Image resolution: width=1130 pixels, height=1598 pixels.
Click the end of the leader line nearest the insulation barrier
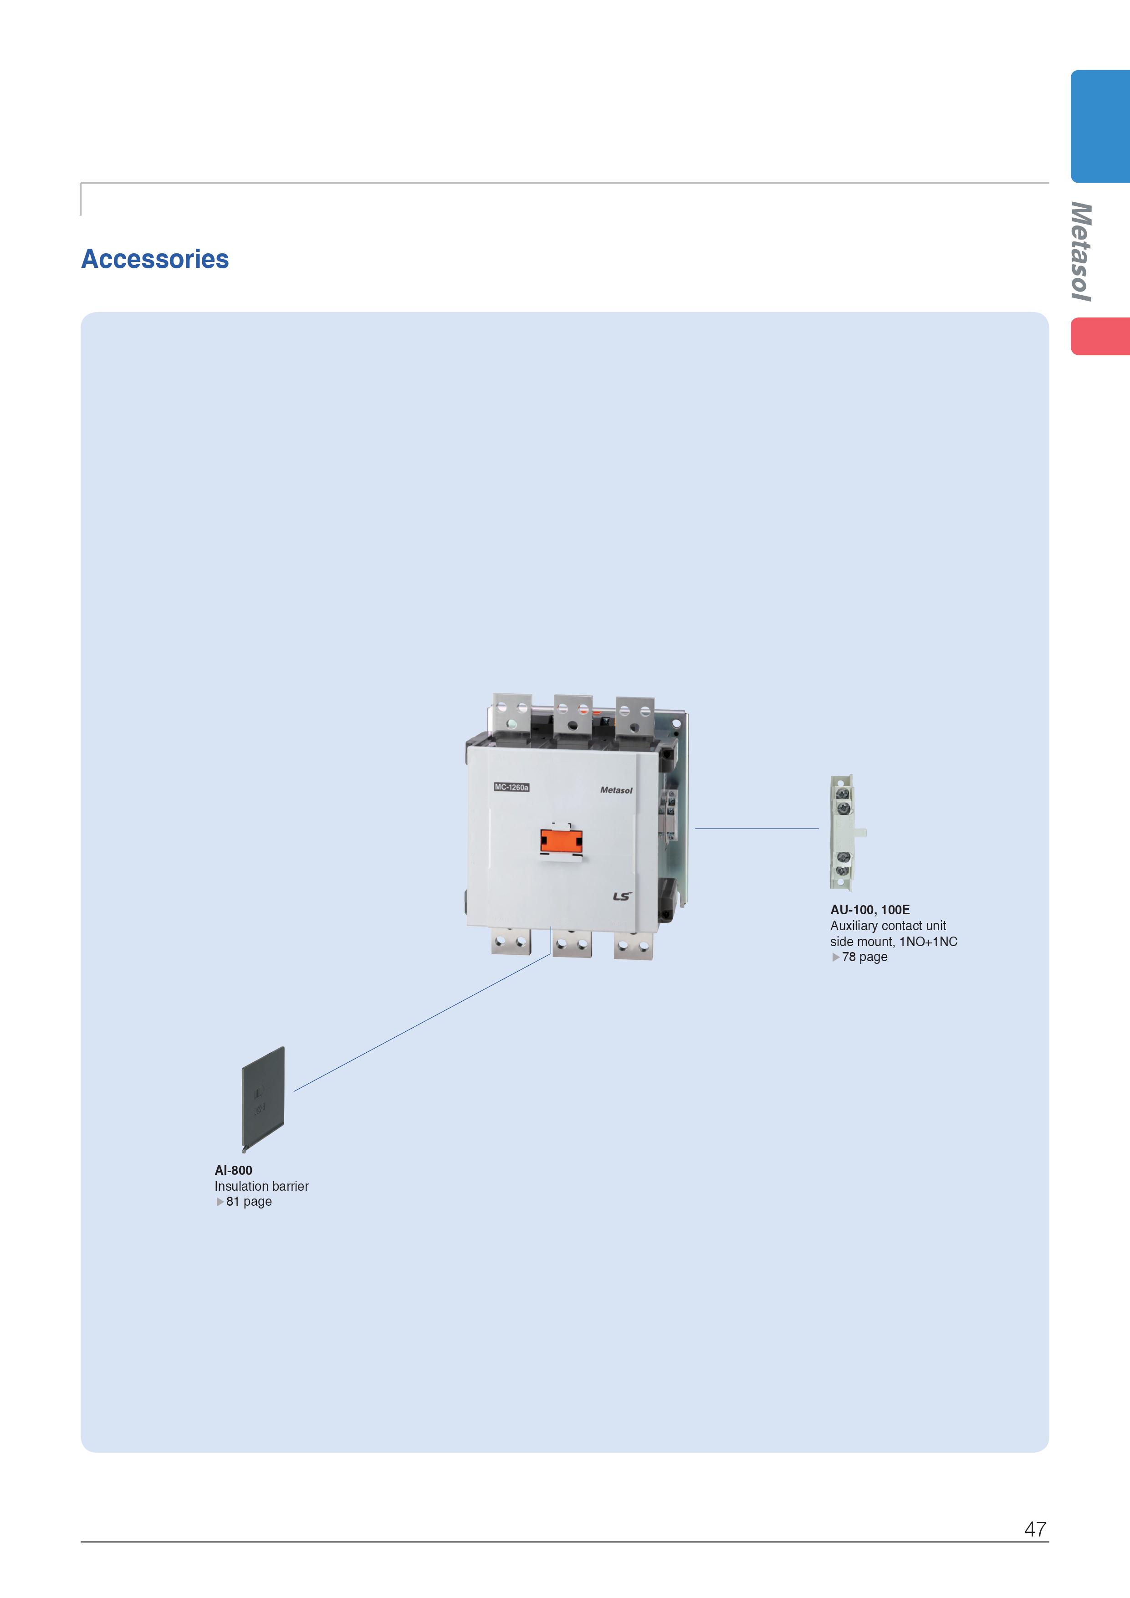(x=294, y=1091)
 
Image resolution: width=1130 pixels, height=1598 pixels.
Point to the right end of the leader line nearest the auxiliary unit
(x=819, y=828)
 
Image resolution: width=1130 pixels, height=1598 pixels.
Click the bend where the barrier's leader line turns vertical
(x=551, y=953)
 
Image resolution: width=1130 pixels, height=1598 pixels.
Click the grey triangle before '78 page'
(x=836, y=957)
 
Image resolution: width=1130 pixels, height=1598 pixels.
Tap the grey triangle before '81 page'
(x=220, y=1201)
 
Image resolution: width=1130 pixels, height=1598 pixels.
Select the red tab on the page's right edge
(x=1100, y=336)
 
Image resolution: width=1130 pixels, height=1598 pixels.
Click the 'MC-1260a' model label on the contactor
(x=511, y=787)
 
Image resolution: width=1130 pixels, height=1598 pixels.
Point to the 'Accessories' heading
(x=155, y=259)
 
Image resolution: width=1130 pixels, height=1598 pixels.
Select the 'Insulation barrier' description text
(x=261, y=1186)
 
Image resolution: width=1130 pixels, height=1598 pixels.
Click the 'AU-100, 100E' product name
(x=870, y=910)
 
